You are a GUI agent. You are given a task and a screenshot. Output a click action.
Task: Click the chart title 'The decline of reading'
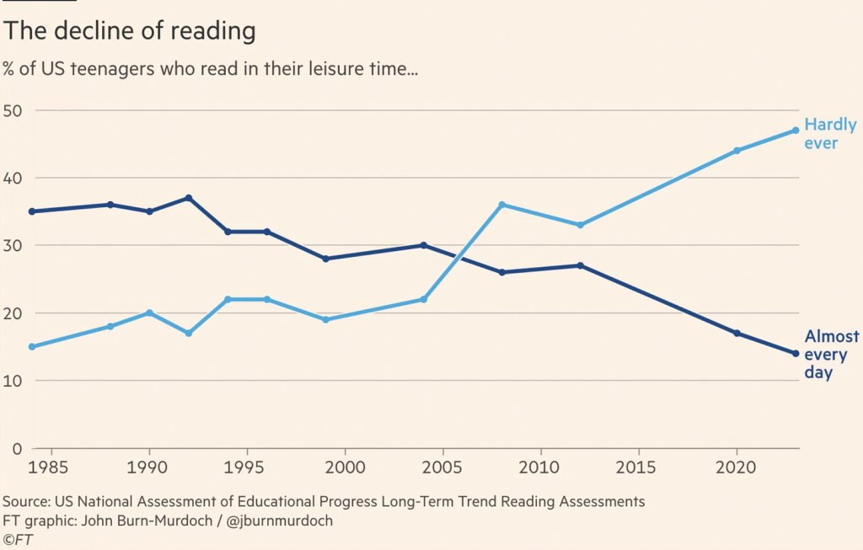(130, 32)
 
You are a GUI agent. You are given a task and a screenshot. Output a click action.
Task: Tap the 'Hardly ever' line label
(830, 134)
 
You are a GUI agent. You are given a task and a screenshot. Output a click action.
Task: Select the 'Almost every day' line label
(831, 355)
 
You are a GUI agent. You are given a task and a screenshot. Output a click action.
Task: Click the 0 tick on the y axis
(16, 449)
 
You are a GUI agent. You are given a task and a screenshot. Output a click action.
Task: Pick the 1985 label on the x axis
(51, 467)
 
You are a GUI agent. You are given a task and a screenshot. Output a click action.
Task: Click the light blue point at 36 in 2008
(502, 205)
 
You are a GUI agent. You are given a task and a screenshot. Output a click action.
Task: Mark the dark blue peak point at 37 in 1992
(189, 198)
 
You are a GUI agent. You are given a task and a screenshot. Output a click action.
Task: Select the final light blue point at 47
(796, 131)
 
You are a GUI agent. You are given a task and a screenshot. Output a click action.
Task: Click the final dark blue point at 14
(796, 354)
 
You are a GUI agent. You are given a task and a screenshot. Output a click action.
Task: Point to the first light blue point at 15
(32, 346)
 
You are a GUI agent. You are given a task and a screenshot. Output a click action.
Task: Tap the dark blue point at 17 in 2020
(737, 334)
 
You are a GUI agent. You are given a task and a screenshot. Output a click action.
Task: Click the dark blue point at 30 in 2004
(424, 245)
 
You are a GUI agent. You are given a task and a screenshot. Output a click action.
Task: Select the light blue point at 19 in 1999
(325, 319)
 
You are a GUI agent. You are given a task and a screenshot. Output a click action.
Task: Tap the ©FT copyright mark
(18, 540)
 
